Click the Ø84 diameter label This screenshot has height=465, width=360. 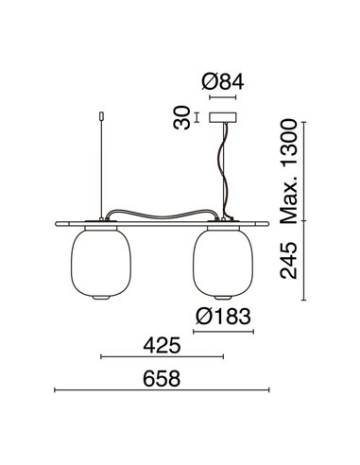[x=224, y=82]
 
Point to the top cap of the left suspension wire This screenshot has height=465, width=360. [x=99, y=116]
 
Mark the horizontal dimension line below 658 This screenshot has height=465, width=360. [x=162, y=393]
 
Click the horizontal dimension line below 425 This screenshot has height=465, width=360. [x=162, y=358]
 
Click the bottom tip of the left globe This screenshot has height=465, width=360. [x=99, y=300]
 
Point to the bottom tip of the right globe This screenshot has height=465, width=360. [x=224, y=300]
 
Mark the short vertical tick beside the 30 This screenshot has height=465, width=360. [x=196, y=118]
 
